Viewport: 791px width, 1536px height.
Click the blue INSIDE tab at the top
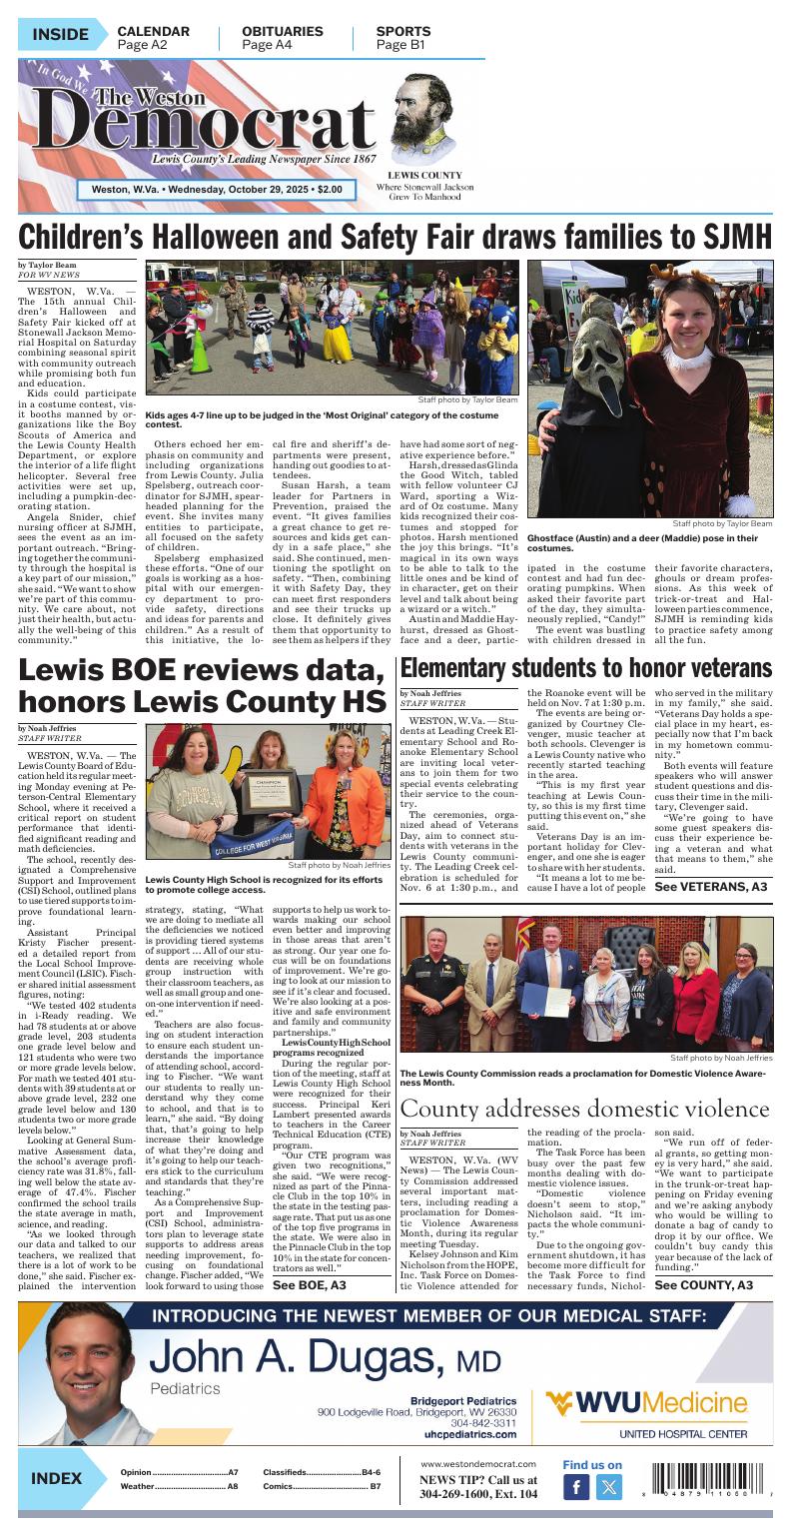click(60, 36)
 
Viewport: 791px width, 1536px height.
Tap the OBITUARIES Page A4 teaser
click(282, 38)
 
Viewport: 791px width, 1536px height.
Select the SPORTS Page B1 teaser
click(403, 38)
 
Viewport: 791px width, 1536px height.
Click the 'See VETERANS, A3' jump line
click(710, 887)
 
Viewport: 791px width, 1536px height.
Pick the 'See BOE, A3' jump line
click(310, 1284)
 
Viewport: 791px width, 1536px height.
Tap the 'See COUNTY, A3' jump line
click(703, 1284)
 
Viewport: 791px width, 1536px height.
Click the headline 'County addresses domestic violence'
click(585, 1109)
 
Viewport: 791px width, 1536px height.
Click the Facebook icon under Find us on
click(576, 1488)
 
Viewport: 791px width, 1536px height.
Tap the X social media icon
click(608, 1488)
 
